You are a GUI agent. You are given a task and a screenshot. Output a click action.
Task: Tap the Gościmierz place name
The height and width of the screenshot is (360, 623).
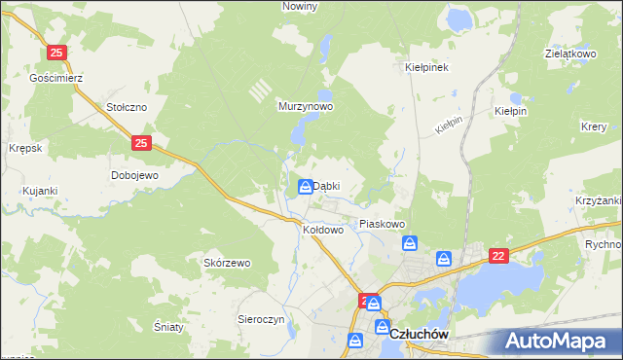55,77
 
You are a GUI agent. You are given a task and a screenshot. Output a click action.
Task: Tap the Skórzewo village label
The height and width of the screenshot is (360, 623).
227,263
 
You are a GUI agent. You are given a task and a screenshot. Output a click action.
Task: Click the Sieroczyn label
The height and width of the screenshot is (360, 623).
261,319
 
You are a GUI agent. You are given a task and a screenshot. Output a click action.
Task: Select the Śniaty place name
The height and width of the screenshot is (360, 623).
168,327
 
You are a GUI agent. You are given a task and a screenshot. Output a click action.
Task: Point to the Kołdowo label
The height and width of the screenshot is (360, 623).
324,231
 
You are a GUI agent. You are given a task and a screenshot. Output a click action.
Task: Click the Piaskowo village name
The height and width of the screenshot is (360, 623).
382,224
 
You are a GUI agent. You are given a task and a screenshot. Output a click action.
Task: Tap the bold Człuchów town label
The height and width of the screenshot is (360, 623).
418,334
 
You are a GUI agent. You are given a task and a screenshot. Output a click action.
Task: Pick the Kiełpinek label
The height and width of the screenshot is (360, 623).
425,68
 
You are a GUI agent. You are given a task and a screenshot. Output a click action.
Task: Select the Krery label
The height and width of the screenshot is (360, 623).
594,127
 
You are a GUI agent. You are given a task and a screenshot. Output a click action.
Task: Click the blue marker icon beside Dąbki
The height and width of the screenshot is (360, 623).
306,187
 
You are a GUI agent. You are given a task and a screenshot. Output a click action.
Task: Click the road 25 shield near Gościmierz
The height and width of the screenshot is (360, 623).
57,53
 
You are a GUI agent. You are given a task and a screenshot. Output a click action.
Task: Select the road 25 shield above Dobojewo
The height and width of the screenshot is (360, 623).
142,143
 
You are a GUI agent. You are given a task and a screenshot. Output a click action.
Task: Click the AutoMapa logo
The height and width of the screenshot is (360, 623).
560,341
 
